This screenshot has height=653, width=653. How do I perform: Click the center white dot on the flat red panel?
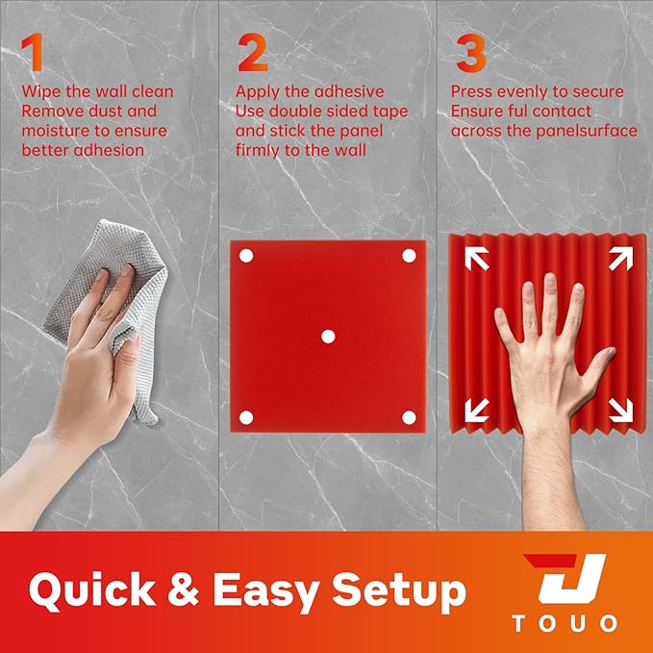[x=327, y=336]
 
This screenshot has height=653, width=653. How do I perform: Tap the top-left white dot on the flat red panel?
[x=245, y=256]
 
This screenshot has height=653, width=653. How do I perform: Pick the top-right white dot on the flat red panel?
[x=408, y=256]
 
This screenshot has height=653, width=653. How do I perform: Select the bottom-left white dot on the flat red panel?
[x=245, y=416]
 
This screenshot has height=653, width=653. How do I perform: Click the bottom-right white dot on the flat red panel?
[x=408, y=416]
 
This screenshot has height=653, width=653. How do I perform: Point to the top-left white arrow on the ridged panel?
[x=476, y=258]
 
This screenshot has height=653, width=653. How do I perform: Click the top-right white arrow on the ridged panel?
[x=617, y=258]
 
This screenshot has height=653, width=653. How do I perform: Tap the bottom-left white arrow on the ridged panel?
[x=476, y=410]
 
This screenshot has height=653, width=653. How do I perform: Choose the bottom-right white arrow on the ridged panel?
[x=617, y=410]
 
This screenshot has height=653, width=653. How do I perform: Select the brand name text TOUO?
[x=565, y=624]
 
